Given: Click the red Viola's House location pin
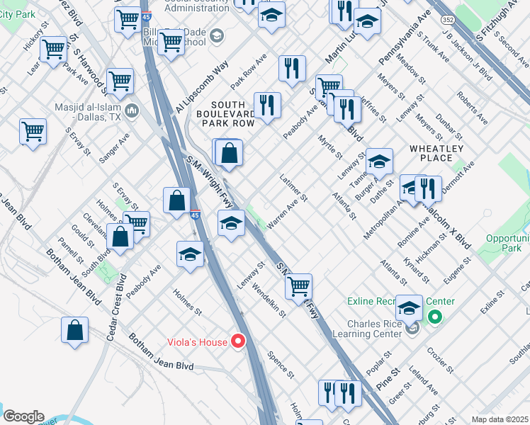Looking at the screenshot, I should [x=239, y=342].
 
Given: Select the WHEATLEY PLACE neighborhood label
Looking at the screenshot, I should [x=436, y=153].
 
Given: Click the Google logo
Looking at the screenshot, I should [x=23, y=416].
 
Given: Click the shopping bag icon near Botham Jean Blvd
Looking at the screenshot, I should [x=75, y=330].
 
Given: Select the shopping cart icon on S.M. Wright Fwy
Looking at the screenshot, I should [x=299, y=286].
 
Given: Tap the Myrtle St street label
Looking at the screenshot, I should [x=330, y=147].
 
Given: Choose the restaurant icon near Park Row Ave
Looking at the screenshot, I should [x=292, y=68].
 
